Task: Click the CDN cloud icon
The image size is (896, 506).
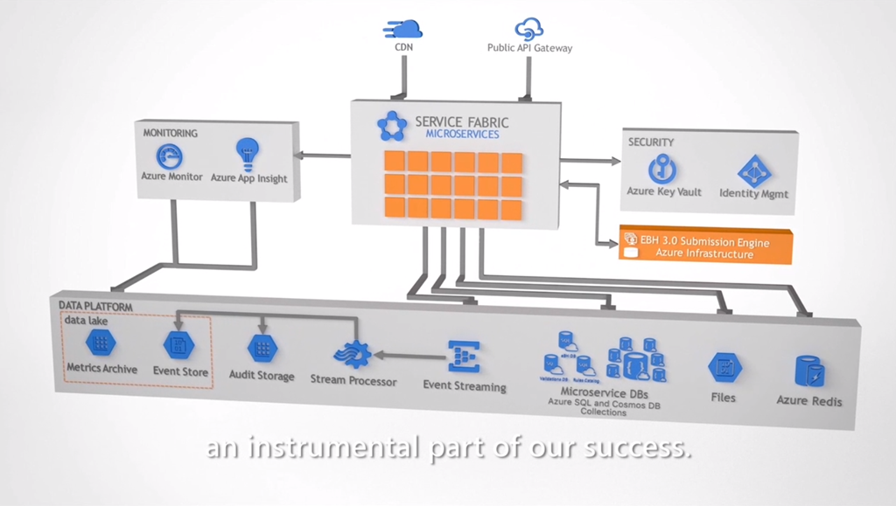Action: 402,29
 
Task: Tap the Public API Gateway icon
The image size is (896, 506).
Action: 528,30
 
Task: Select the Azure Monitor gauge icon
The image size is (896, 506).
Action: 170,156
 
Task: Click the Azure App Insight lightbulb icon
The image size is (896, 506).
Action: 248,154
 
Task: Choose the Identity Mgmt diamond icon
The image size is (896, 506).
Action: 752,170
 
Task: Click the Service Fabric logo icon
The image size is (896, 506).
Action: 392,126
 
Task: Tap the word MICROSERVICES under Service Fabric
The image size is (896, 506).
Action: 462,135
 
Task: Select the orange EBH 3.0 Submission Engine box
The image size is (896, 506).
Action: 704,247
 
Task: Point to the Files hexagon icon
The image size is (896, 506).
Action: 724,368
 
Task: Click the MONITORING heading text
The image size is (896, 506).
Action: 170,133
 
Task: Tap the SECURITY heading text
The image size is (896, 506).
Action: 651,142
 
